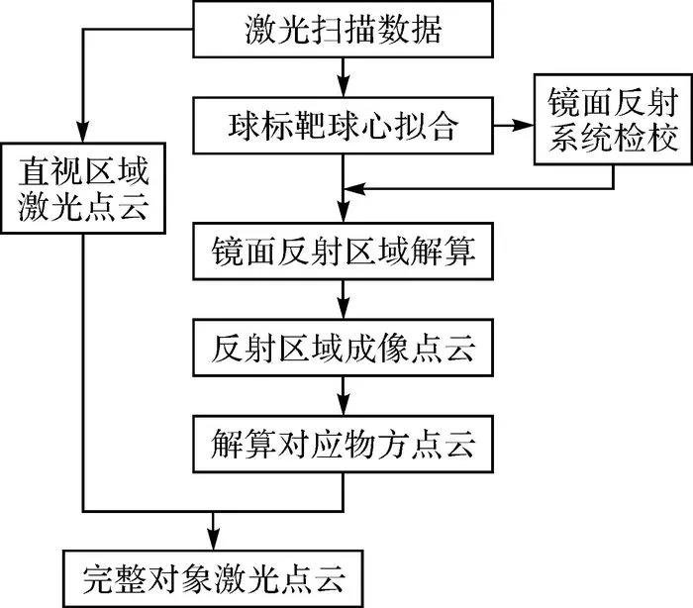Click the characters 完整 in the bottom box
point(112,575)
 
